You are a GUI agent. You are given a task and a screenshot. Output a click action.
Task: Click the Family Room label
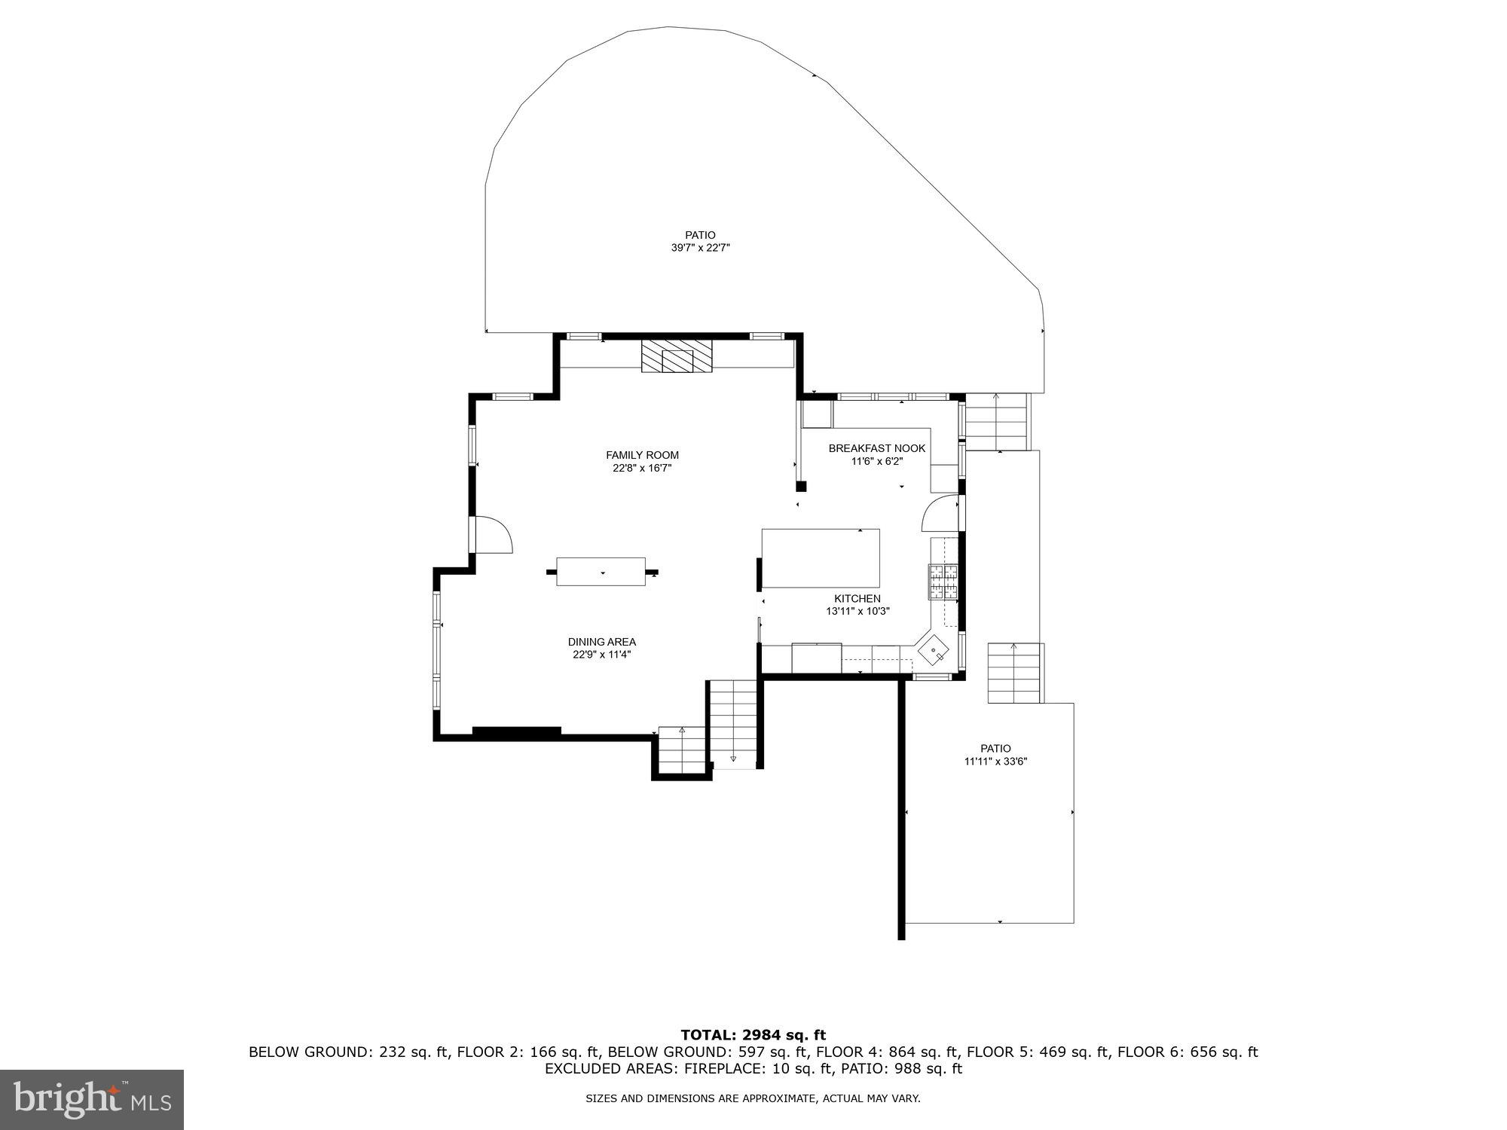click(x=642, y=455)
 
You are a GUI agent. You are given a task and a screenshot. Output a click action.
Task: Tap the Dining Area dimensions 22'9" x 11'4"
click(x=601, y=655)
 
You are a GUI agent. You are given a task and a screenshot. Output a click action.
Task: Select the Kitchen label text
click(x=857, y=599)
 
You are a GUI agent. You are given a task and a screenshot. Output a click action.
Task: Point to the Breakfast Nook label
click(x=876, y=448)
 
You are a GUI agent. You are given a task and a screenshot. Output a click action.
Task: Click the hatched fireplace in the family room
click(x=677, y=356)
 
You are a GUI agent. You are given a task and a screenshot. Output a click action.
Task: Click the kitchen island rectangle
click(x=821, y=558)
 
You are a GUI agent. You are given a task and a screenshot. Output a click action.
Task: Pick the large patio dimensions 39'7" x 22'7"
click(x=700, y=247)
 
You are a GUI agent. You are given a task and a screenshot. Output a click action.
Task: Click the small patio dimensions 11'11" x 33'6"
click(x=995, y=762)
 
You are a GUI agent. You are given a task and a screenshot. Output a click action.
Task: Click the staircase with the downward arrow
click(x=733, y=723)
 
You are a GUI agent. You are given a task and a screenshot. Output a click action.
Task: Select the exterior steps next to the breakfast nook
click(x=996, y=422)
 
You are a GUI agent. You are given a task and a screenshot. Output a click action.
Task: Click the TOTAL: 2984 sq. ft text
click(x=753, y=1035)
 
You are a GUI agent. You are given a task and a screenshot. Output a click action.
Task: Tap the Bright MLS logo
click(x=92, y=1099)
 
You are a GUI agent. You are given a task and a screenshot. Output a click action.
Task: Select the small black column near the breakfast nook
click(x=801, y=487)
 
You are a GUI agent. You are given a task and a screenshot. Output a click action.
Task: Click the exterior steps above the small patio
click(x=1014, y=673)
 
